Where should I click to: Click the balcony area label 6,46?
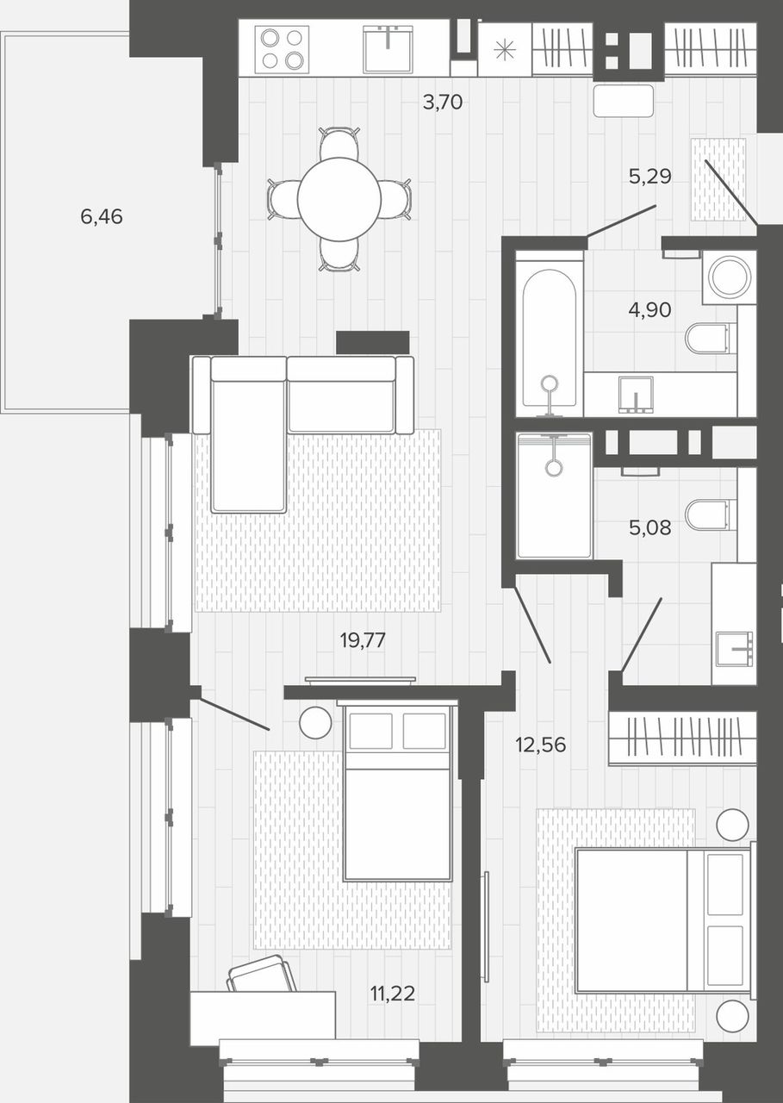point(102,216)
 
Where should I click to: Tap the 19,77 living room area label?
point(363,640)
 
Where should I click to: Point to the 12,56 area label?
point(541,745)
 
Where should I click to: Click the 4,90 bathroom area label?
point(649,310)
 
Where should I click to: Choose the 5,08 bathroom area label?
point(649,528)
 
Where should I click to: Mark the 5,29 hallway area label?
point(650,177)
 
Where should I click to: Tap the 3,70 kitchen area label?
point(443,103)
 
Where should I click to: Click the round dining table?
point(339,199)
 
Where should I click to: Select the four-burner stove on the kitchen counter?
point(282,48)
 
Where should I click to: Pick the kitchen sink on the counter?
point(388,49)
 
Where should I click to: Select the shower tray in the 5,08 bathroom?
point(554,495)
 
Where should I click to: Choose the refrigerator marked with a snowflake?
point(505,50)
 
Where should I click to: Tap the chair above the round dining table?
point(339,143)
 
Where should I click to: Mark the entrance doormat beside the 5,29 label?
point(718,179)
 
